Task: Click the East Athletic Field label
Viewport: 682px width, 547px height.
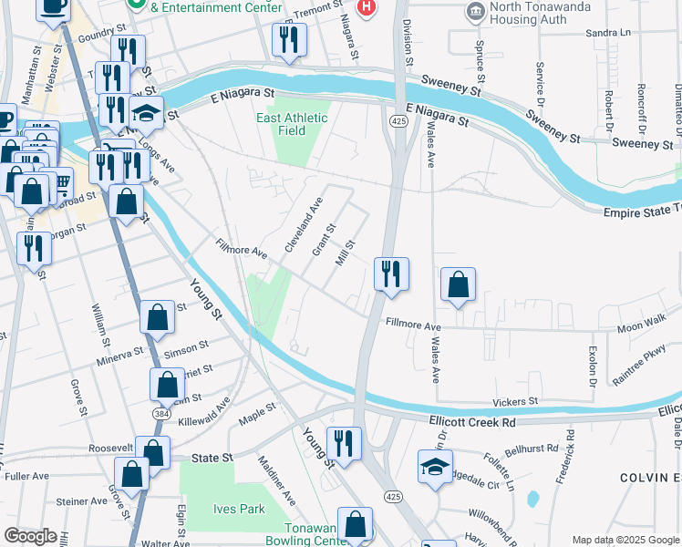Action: (291, 124)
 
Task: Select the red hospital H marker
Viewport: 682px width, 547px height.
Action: (367, 8)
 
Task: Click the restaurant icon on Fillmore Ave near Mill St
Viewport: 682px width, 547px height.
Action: (391, 273)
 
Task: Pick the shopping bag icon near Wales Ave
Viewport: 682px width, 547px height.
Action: (458, 284)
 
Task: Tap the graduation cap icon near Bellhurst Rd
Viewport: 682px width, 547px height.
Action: (436, 467)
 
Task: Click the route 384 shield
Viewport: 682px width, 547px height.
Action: (160, 413)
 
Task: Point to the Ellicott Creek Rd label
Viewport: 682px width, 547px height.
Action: (473, 422)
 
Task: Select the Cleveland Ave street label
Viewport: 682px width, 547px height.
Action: (304, 226)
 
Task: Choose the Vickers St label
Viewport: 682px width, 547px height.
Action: (515, 401)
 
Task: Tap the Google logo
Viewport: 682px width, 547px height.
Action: (31, 536)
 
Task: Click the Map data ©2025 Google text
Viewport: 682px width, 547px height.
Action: (625, 540)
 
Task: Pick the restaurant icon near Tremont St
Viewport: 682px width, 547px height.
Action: (290, 39)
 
